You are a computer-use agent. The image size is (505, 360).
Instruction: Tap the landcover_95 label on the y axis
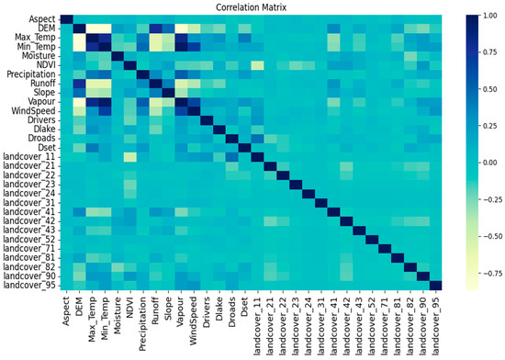click(x=28, y=284)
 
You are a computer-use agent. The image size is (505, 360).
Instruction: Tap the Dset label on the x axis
click(x=243, y=304)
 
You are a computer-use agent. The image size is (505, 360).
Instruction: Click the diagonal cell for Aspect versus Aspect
click(x=65, y=19)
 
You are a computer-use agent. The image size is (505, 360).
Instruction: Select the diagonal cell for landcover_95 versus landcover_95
click(x=434, y=284)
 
